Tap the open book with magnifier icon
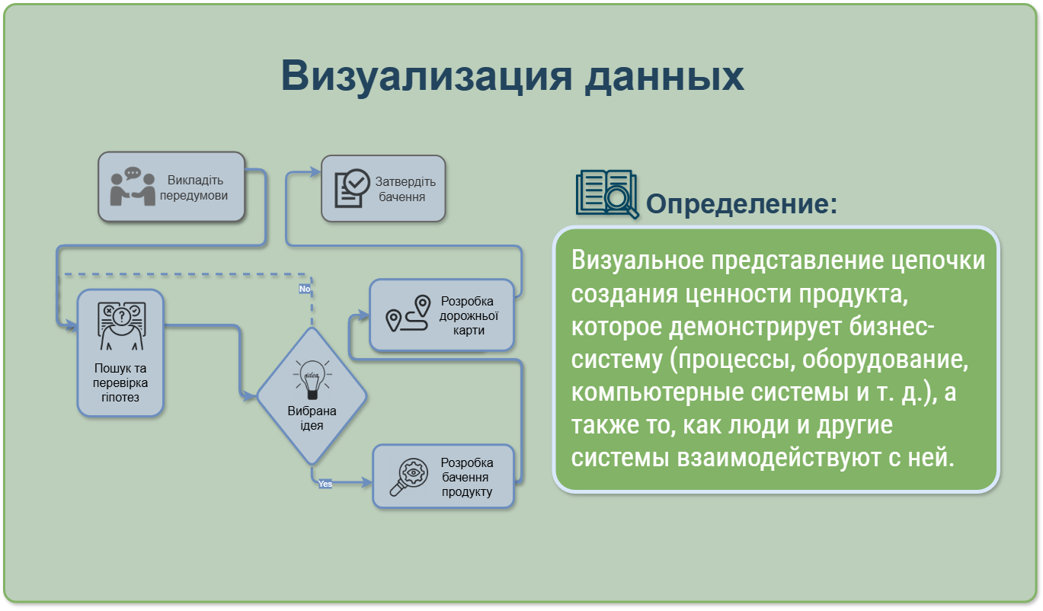point(607,194)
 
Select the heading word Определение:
point(741,204)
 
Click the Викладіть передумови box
point(171,187)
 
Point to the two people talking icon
point(133,187)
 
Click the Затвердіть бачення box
point(383,189)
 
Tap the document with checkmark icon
point(352,188)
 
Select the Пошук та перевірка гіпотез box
point(120,353)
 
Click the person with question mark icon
point(122,326)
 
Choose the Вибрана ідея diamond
point(312,396)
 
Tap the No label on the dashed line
point(305,289)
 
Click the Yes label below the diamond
point(325,484)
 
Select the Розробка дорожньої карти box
point(442,315)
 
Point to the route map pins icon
point(408,313)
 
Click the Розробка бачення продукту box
point(443,476)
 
